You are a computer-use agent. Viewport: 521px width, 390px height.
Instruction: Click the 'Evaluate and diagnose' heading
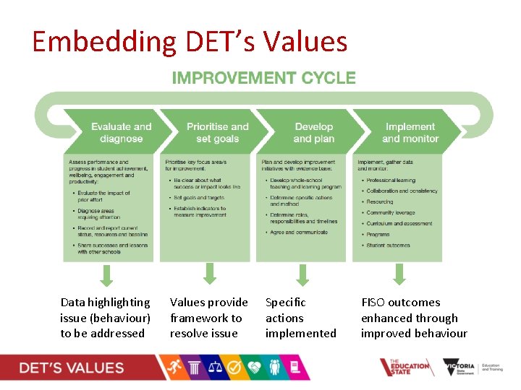[x=121, y=132]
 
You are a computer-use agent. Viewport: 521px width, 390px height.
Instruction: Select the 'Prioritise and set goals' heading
[x=217, y=132]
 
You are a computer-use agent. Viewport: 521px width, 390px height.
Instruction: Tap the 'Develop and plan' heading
[x=313, y=132]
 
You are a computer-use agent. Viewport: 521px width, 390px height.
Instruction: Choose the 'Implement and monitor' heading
[x=410, y=132]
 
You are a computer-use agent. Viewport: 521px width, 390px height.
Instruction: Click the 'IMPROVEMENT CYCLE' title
[x=263, y=78]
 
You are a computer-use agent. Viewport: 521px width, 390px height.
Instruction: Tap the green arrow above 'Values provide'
[x=210, y=273]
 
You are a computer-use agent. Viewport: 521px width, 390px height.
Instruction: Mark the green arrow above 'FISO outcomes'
[x=399, y=273]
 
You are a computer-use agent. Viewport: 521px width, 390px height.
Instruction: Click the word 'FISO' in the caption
[x=374, y=303]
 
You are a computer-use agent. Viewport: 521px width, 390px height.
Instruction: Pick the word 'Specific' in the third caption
[x=285, y=303]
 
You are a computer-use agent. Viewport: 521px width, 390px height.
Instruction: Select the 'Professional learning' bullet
[x=391, y=180]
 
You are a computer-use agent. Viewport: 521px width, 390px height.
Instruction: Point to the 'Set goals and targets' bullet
[x=199, y=197]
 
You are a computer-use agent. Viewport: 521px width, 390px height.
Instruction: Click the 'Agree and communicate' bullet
[x=298, y=233]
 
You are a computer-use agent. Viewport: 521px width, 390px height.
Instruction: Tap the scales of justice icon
[x=215, y=368]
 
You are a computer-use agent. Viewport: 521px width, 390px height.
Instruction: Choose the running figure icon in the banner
[x=171, y=368]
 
